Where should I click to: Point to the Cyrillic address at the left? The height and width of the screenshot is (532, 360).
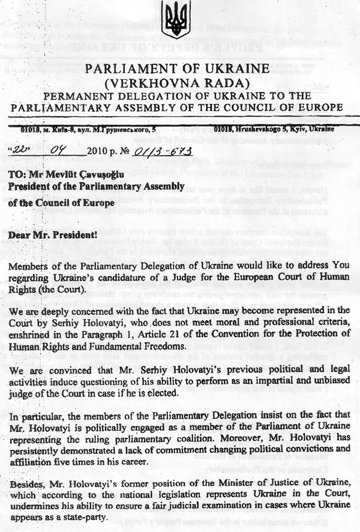coord(86,129)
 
